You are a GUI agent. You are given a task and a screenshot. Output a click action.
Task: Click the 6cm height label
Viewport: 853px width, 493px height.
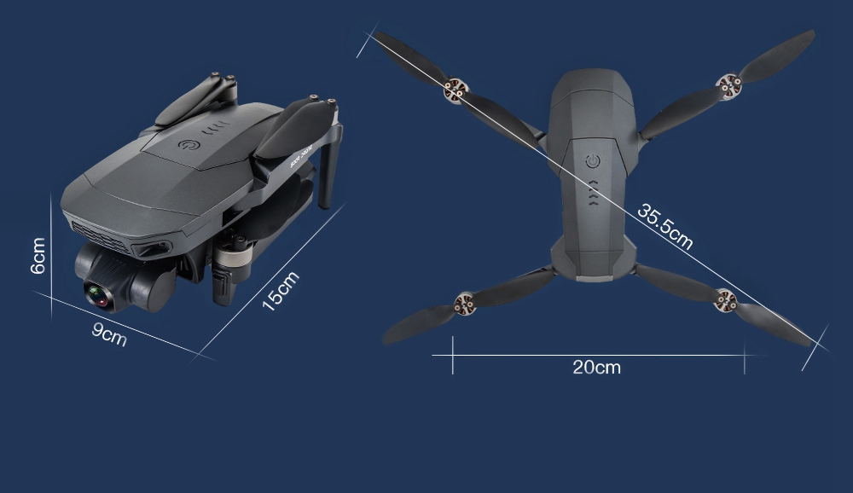coord(38,256)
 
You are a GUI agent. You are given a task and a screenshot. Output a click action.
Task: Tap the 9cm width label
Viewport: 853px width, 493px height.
coord(109,333)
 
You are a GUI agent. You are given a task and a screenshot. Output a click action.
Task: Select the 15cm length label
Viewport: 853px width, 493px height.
coord(281,291)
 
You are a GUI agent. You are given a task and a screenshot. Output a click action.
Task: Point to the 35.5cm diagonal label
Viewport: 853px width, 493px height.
coord(664,226)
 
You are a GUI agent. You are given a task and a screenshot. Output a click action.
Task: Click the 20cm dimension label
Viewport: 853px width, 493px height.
coord(596,368)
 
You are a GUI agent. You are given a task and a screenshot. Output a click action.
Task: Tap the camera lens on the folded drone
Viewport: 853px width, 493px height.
coord(98,296)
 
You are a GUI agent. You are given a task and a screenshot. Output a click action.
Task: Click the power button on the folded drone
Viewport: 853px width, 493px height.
coord(189,145)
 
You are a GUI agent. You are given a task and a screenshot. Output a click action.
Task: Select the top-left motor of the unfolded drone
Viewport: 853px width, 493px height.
coord(456,90)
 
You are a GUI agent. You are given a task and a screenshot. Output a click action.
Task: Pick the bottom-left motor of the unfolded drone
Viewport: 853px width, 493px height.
coord(465,304)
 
